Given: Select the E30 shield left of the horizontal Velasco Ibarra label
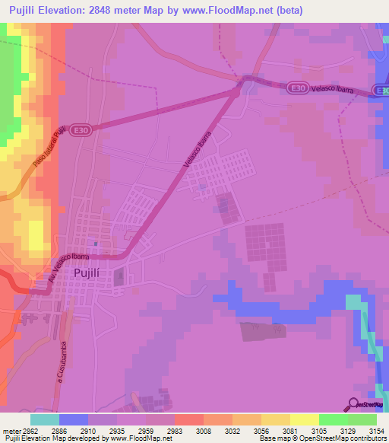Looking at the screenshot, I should click(x=299, y=90).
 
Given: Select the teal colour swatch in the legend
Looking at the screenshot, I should click(x=45, y=419).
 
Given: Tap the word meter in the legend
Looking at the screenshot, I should click(x=11, y=430).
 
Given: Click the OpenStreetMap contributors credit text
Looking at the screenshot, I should click(x=342, y=438).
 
